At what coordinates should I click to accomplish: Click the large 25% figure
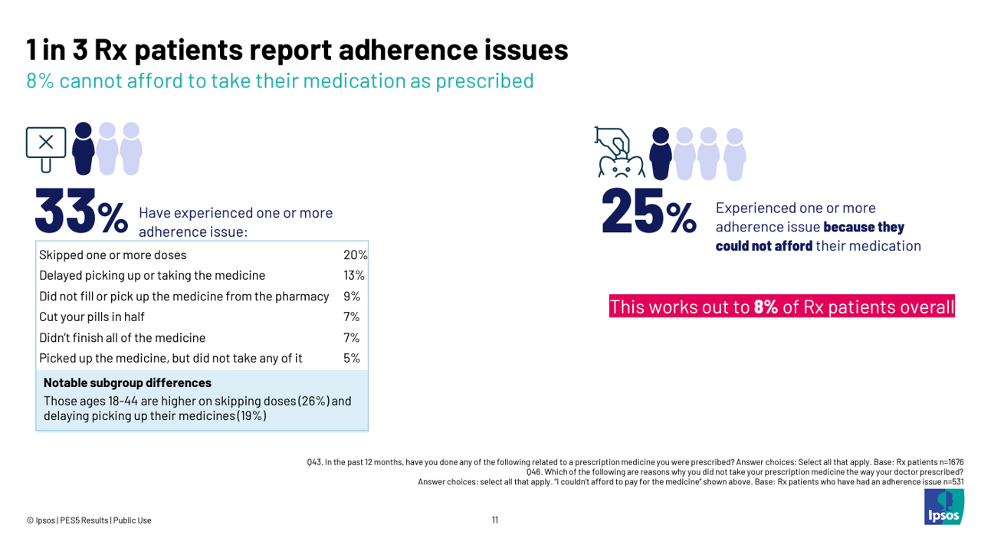point(648,210)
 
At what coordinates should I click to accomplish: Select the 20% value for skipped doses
point(355,255)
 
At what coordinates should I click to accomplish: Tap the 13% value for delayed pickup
point(354,275)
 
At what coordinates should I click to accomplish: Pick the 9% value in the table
point(351,296)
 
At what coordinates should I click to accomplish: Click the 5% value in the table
point(351,358)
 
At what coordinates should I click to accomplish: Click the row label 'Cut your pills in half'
point(92,317)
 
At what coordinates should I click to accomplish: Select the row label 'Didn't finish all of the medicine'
point(122,337)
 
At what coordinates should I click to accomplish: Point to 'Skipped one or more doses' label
point(113,255)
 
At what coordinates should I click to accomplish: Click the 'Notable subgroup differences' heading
point(127,382)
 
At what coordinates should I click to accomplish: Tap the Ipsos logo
point(943,508)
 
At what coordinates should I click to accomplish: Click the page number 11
point(495,520)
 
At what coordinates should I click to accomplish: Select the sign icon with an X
point(46,146)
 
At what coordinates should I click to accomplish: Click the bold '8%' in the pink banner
point(766,307)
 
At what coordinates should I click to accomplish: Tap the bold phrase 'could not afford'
point(763,246)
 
